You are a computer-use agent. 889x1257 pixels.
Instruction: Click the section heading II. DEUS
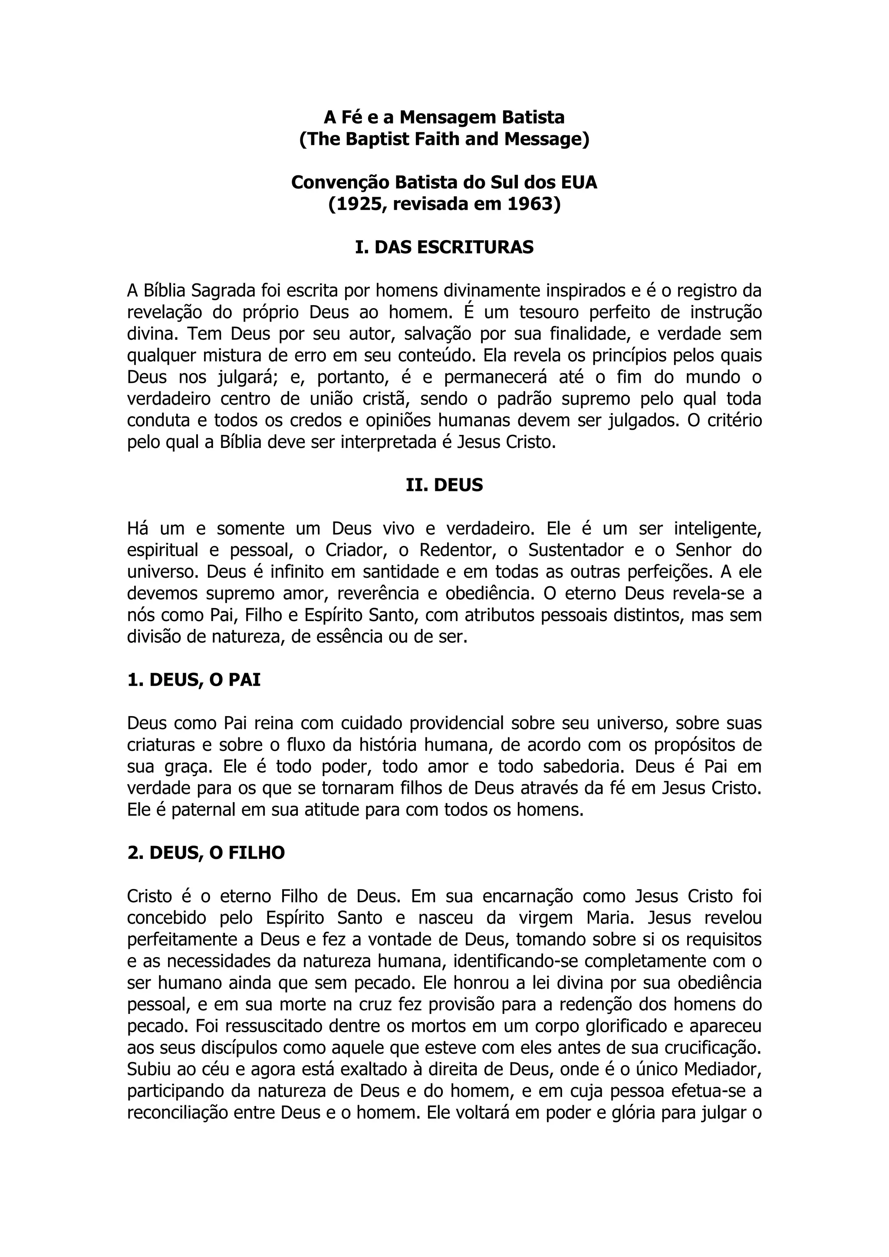click(444, 485)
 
